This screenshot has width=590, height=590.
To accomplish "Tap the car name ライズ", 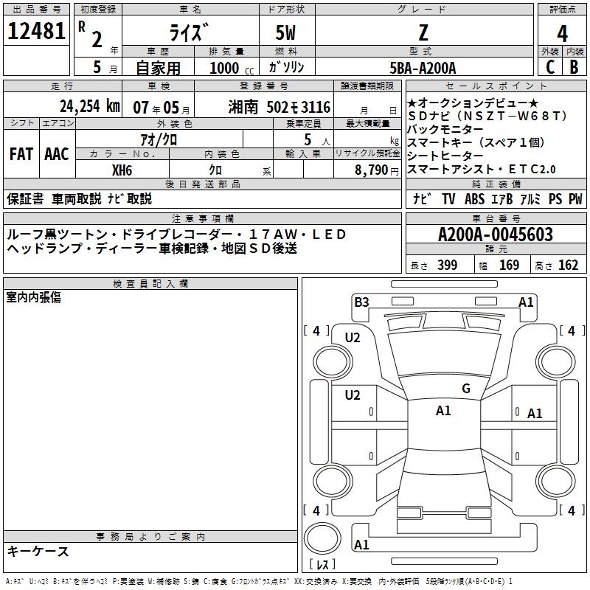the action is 190,33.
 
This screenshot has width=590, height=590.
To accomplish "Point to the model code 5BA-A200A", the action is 423,67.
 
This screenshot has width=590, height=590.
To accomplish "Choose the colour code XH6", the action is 122,169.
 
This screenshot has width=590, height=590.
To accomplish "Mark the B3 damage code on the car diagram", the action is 361,302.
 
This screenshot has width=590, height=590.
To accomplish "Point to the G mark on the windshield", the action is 466,389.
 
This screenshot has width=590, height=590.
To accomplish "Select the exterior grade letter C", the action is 549,66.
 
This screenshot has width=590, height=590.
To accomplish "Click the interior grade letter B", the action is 574,66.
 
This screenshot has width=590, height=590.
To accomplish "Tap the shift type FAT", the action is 21,154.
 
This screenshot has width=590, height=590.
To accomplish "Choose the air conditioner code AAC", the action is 56,154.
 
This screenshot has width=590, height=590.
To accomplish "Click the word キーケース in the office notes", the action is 38,551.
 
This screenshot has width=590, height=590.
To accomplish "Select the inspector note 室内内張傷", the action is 33,296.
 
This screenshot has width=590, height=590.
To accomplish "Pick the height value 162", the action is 568,265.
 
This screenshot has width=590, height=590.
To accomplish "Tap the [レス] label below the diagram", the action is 323,566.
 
